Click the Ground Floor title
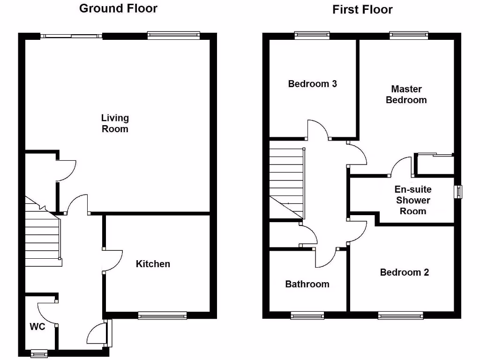tap(118, 8)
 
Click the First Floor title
tap(362, 9)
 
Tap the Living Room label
tap(115, 123)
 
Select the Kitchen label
tap(153, 264)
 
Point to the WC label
tap(37, 327)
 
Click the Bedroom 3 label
tap(312, 84)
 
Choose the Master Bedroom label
tap(406, 94)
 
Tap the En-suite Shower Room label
tap(412, 200)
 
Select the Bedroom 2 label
tap(404, 272)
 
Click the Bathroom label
tap(307, 284)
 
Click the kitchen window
tap(162, 315)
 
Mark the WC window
tap(39, 353)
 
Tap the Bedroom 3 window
tap(312, 36)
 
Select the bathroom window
tap(307, 315)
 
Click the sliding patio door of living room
tap(71, 36)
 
